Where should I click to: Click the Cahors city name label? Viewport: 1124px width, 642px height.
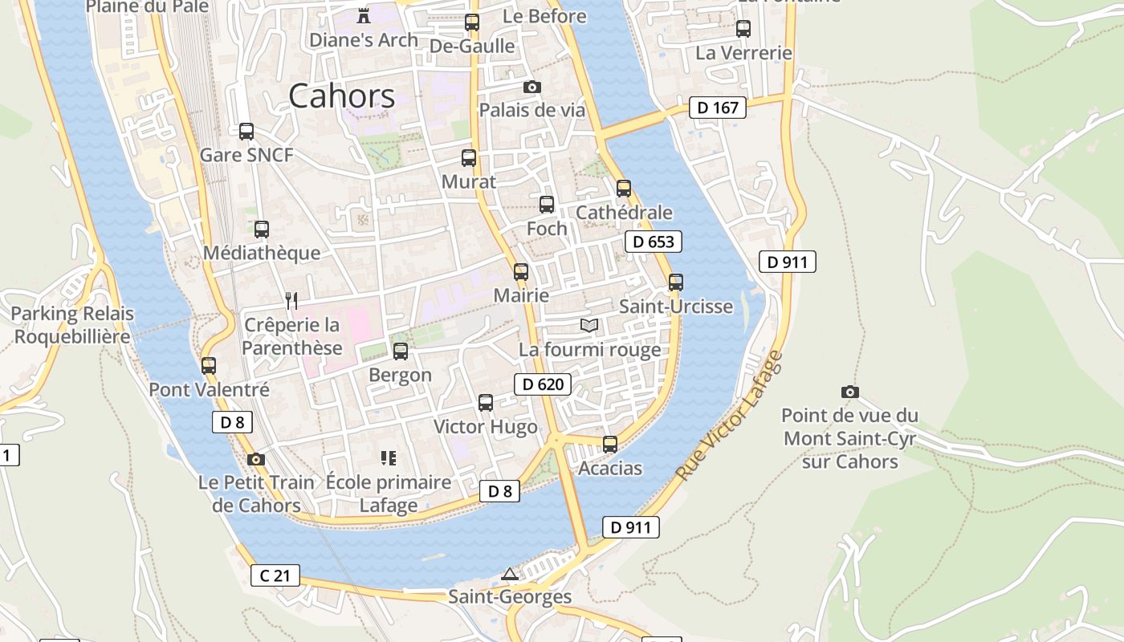(341, 96)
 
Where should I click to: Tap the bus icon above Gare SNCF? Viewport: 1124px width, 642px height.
(246, 131)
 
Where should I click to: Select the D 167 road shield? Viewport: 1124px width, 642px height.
(718, 108)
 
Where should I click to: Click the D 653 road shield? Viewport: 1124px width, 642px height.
(654, 242)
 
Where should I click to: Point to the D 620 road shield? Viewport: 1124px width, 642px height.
(543, 384)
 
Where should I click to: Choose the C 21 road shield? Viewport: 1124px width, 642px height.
(275, 575)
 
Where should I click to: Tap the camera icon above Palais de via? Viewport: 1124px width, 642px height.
(531, 87)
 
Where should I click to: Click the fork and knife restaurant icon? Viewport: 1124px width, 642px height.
(291, 301)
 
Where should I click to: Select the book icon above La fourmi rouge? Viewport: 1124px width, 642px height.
(589, 325)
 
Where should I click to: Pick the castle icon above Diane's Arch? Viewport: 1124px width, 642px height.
(364, 15)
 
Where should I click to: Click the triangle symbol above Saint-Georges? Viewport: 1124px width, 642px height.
(509, 574)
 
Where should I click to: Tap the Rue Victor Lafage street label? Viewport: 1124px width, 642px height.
(728, 416)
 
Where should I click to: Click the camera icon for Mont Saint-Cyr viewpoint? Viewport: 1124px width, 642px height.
(849, 392)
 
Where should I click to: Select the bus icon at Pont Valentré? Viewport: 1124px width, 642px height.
(209, 365)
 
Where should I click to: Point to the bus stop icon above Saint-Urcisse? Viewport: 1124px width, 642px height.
(676, 282)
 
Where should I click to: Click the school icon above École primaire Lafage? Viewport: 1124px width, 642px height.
(389, 458)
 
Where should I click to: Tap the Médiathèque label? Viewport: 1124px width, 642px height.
(262, 253)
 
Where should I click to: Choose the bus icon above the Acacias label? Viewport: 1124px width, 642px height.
(610, 444)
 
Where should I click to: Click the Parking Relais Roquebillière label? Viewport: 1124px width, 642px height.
(72, 324)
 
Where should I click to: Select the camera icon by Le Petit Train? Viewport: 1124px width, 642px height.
(256, 459)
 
